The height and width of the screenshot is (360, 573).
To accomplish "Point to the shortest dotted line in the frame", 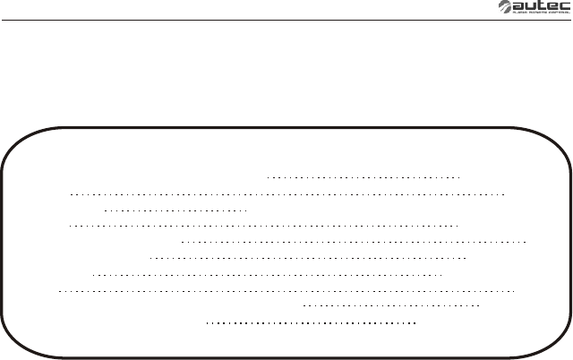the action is click(x=175, y=210).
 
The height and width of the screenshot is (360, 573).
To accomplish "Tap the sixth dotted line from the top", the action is click(x=308, y=258).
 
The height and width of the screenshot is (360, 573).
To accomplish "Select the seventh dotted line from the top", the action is click(x=269, y=274).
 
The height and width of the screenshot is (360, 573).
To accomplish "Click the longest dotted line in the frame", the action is click(x=286, y=290).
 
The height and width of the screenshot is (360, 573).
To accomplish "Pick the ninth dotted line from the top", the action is click(x=392, y=305).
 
